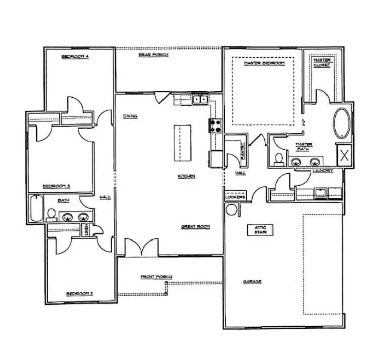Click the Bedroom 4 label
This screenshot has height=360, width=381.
pyautogui.click(x=75, y=57)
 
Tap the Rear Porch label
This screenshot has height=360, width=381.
pyautogui.click(x=153, y=54)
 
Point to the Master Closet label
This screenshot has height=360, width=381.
pyautogui.click(x=322, y=63)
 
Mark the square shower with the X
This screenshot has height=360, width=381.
pyautogui.click(x=345, y=154)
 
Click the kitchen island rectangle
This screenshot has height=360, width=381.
pyautogui.click(x=183, y=143)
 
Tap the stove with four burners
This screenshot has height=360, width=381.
pyautogui.click(x=215, y=126)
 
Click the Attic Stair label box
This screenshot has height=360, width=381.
pyautogui.click(x=260, y=230)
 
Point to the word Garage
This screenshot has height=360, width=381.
pyautogui.click(x=253, y=282)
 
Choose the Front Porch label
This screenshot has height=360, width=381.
pyautogui.click(x=156, y=277)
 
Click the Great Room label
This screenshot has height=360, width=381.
pyautogui.click(x=195, y=227)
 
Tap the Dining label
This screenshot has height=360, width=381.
pyautogui.click(x=130, y=116)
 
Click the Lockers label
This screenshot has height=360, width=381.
pyautogui.click(x=235, y=197)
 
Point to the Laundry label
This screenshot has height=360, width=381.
pyautogui.click(x=322, y=171)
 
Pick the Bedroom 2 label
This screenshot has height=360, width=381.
pyautogui.click(x=80, y=293)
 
